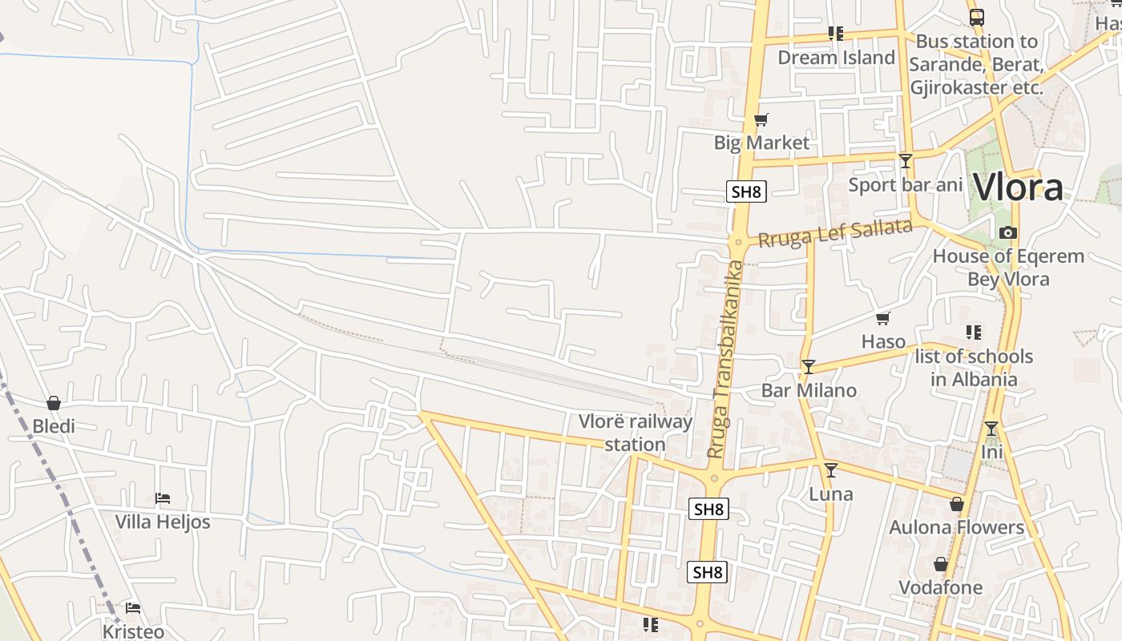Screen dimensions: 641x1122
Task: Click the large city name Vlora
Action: (1018, 187)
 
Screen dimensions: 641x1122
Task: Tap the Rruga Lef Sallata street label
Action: (835, 233)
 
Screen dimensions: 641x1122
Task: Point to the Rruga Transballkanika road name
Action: (726, 359)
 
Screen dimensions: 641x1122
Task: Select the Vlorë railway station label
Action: (635, 433)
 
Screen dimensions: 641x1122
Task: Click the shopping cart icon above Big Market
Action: (761, 120)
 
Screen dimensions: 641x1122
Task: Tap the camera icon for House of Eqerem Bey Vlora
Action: (1008, 233)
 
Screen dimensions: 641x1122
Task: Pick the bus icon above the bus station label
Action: (976, 18)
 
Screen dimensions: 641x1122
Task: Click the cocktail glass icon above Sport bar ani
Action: (906, 161)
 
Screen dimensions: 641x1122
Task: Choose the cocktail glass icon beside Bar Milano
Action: (808, 367)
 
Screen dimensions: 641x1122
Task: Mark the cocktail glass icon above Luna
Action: (831, 470)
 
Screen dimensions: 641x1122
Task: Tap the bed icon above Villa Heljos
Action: (163, 498)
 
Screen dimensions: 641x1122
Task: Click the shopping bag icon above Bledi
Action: (54, 402)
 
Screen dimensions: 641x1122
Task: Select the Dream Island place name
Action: (836, 58)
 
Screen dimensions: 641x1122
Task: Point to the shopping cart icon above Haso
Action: (883, 319)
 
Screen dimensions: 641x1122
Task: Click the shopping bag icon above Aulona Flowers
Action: (956, 504)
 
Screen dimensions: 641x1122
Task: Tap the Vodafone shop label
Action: (940, 587)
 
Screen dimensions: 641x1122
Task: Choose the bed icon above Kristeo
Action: (133, 608)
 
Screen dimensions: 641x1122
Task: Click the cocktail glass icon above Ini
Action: (991, 429)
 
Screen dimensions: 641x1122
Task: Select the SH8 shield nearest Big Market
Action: (746, 191)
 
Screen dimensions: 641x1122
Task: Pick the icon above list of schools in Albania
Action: (974, 332)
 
